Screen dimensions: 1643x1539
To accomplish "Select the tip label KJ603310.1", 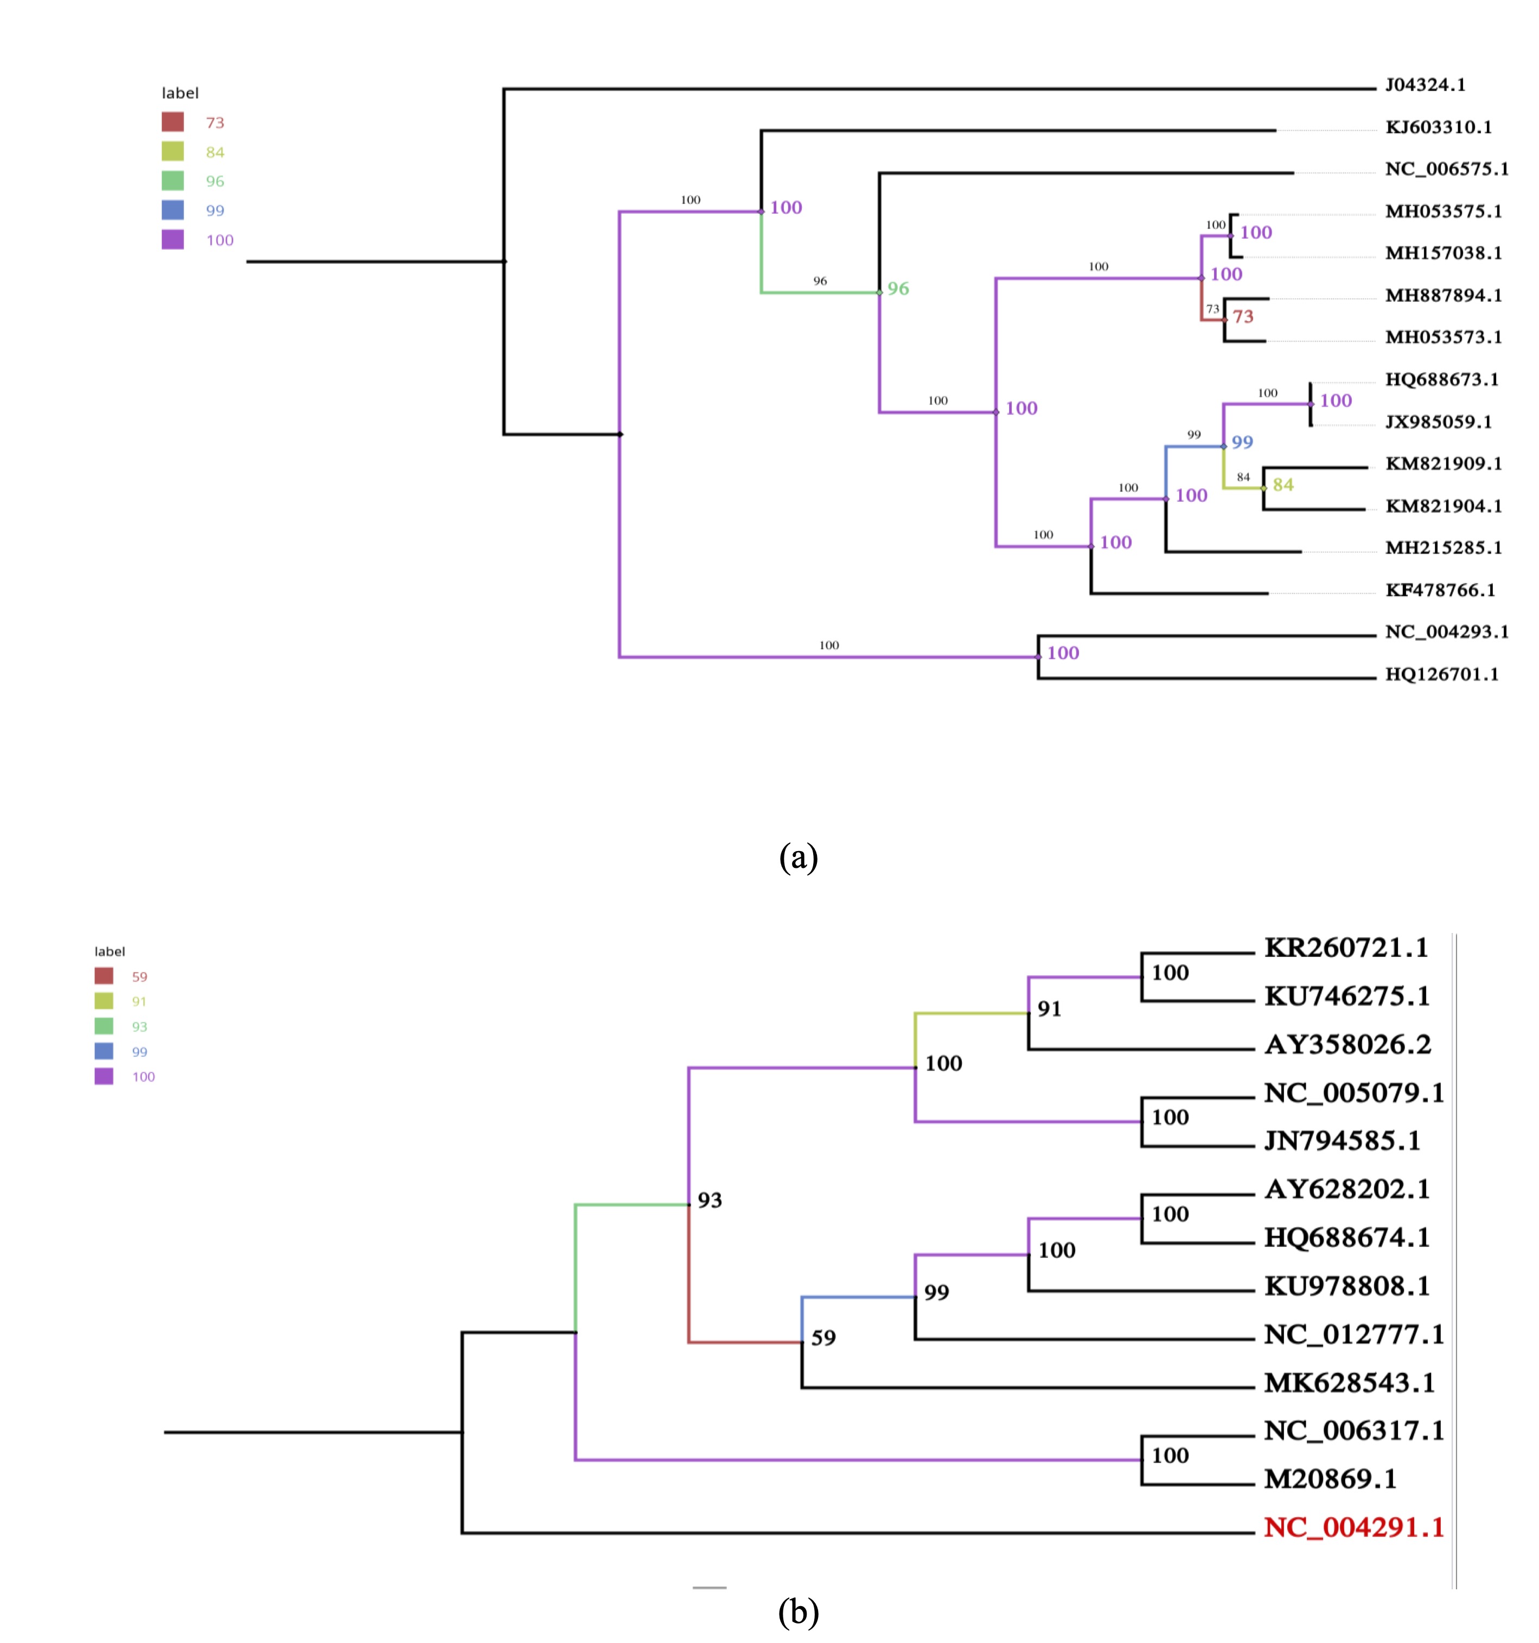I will pos(1438,127).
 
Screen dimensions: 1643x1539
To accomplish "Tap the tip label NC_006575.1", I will pos(1446,169).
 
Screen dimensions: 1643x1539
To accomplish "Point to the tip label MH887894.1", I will pos(1443,296).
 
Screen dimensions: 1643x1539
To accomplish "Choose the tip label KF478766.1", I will pos(1440,590).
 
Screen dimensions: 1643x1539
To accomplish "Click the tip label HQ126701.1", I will pos(1441,674).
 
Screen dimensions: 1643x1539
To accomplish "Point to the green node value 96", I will pos(898,289).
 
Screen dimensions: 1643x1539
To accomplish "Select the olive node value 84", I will pos(1283,485).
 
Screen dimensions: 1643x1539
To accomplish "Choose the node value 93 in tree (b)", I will pos(709,1200).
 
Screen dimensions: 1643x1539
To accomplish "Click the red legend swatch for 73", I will pos(173,122).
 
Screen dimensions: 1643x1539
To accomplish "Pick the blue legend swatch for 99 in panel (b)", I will pos(104,1051).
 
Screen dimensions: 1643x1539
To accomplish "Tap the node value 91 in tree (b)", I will pos(1049,1009).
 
